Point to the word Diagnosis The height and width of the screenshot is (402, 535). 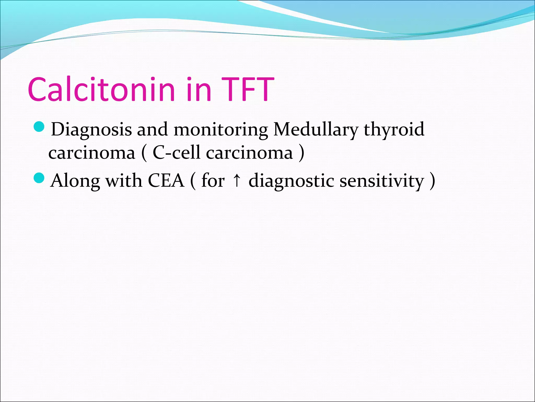point(91,130)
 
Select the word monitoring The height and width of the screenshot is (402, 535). point(220,130)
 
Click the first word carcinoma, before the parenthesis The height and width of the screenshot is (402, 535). point(92,153)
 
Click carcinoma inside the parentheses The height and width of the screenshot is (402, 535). point(249,153)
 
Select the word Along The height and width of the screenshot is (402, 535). point(75,181)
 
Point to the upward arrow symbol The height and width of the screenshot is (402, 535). point(237,181)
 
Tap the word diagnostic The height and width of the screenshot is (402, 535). point(291,181)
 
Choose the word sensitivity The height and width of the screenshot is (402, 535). point(382,181)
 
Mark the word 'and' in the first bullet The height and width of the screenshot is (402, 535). point(152,129)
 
